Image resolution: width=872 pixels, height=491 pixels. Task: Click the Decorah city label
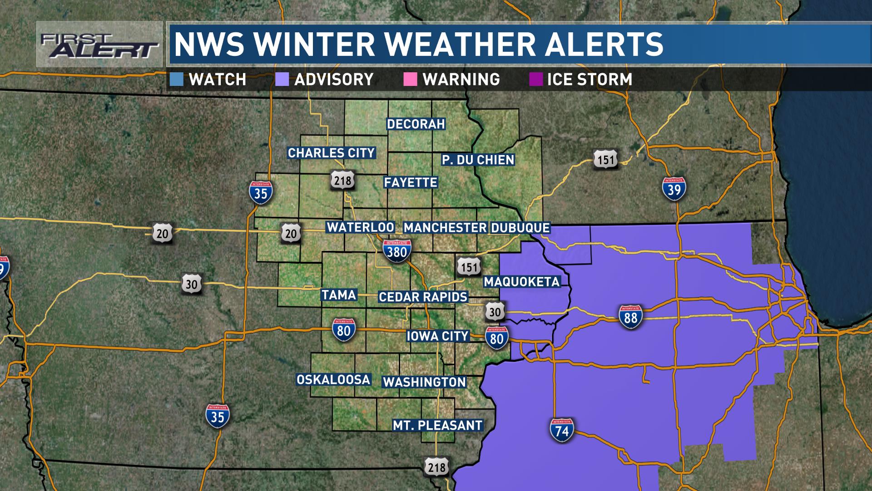click(416, 124)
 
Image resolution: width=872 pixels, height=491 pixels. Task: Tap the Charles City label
click(331, 153)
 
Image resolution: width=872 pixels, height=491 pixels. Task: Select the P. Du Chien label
click(478, 160)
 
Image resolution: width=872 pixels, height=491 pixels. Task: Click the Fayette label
click(411, 182)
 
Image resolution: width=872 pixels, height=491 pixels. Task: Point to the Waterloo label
click(361, 227)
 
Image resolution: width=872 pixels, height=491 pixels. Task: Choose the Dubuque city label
click(520, 227)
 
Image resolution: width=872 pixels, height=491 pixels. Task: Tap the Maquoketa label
click(522, 281)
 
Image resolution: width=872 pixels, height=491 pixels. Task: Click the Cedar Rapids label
click(423, 297)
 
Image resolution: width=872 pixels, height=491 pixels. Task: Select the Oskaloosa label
click(333, 380)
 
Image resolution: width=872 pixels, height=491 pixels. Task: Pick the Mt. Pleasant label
click(437, 426)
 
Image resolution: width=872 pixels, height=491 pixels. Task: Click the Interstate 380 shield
click(396, 251)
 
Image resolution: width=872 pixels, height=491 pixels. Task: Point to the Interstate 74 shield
click(562, 430)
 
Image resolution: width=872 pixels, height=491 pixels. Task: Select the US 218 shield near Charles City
click(342, 180)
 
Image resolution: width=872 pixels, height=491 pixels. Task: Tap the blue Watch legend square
click(176, 80)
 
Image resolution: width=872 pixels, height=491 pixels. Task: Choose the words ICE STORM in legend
click(590, 80)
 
